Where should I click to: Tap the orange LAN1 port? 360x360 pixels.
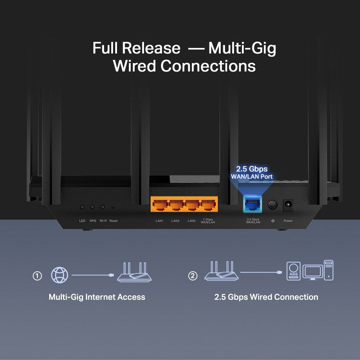pyautogui.click(x=159, y=206)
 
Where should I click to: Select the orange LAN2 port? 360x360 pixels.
pyautogui.click(x=176, y=206)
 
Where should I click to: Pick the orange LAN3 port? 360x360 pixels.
pyautogui.click(x=192, y=206)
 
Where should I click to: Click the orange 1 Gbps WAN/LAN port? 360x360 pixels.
pyautogui.click(x=208, y=206)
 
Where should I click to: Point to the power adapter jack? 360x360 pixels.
pyautogui.click(x=288, y=206)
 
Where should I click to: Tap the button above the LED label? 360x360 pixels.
pyautogui.click(x=82, y=207)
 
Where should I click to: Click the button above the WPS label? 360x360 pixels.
pyautogui.click(x=93, y=207)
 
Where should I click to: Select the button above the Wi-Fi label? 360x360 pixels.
pyautogui.click(x=103, y=207)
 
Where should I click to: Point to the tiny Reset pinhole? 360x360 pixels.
pyautogui.click(x=113, y=208)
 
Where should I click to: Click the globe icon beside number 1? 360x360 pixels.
pyautogui.click(x=59, y=275)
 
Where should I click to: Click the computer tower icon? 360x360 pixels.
pyautogui.click(x=328, y=270)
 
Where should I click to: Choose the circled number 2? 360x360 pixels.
pyautogui.click(x=193, y=276)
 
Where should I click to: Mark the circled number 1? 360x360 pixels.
pyautogui.click(x=37, y=276)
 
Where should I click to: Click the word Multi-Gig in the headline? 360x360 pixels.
pyautogui.click(x=242, y=48)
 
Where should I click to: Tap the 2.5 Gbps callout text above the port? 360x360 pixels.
pyautogui.click(x=252, y=169)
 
